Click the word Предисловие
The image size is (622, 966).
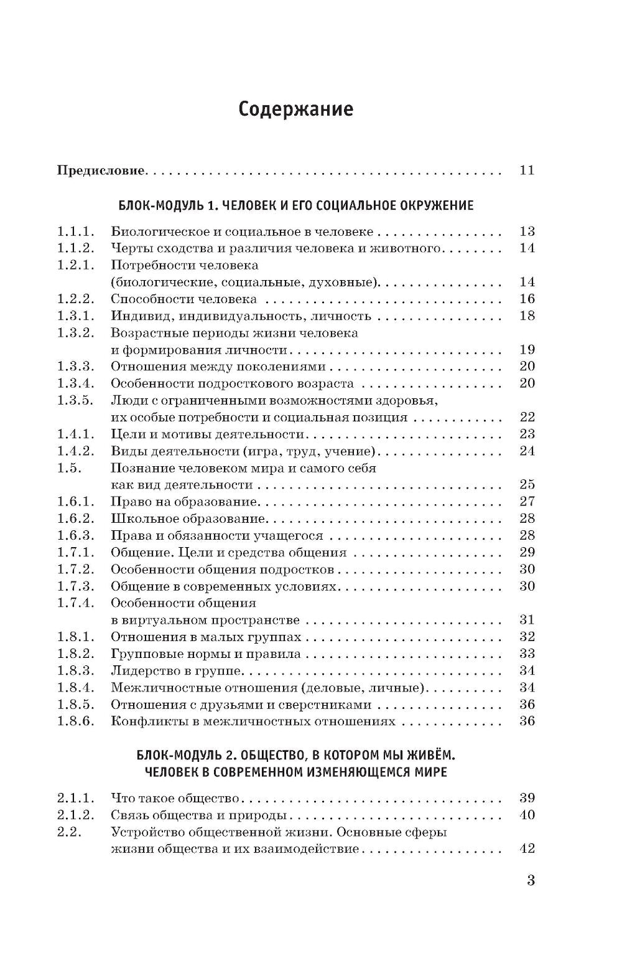[101, 170]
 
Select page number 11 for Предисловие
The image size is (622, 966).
[526, 170]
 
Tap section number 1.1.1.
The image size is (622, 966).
[75, 232]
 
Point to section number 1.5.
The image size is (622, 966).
[70, 467]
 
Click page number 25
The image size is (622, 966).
[526, 484]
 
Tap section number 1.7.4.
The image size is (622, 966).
[75, 603]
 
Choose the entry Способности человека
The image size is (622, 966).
[183, 299]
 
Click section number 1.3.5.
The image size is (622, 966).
[75, 400]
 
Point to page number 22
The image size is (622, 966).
[526, 417]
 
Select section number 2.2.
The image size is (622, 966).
[70, 832]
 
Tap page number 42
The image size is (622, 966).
[526, 849]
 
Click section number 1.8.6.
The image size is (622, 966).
[75, 721]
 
